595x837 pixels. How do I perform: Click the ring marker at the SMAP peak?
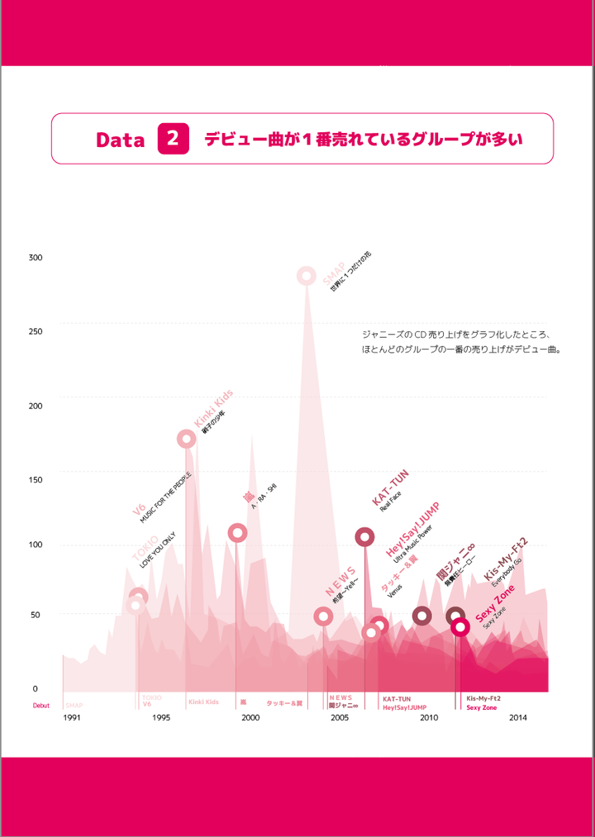(306, 275)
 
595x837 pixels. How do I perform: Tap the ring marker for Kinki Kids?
(187, 439)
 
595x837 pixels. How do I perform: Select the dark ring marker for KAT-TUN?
(364, 537)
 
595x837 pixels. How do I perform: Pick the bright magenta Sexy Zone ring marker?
(460, 627)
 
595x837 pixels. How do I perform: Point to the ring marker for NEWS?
(323, 616)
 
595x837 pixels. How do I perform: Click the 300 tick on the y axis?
(35, 258)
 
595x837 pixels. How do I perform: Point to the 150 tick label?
(35, 478)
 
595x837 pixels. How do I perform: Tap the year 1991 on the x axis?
(72, 718)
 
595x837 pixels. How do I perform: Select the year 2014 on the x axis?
(518, 718)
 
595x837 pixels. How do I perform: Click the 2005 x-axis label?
(340, 718)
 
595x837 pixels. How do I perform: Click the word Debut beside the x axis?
(41, 706)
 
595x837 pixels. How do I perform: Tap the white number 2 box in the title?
(173, 139)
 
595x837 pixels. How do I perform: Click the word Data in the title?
(121, 140)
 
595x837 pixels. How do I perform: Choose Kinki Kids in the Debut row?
(203, 701)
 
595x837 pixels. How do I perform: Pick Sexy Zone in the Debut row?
(482, 708)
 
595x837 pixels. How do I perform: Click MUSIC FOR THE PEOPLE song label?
(165, 498)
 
